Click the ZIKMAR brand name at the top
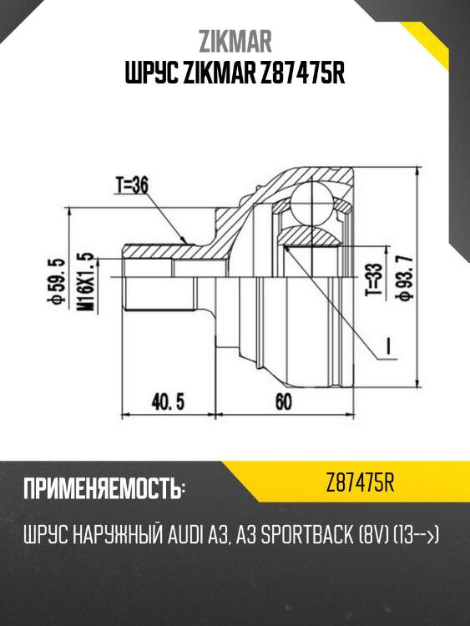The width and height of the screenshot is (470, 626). (235, 40)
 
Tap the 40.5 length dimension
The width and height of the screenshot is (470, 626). (166, 401)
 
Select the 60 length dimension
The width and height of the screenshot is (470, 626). (282, 401)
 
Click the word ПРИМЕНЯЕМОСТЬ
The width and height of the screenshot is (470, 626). (104, 487)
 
